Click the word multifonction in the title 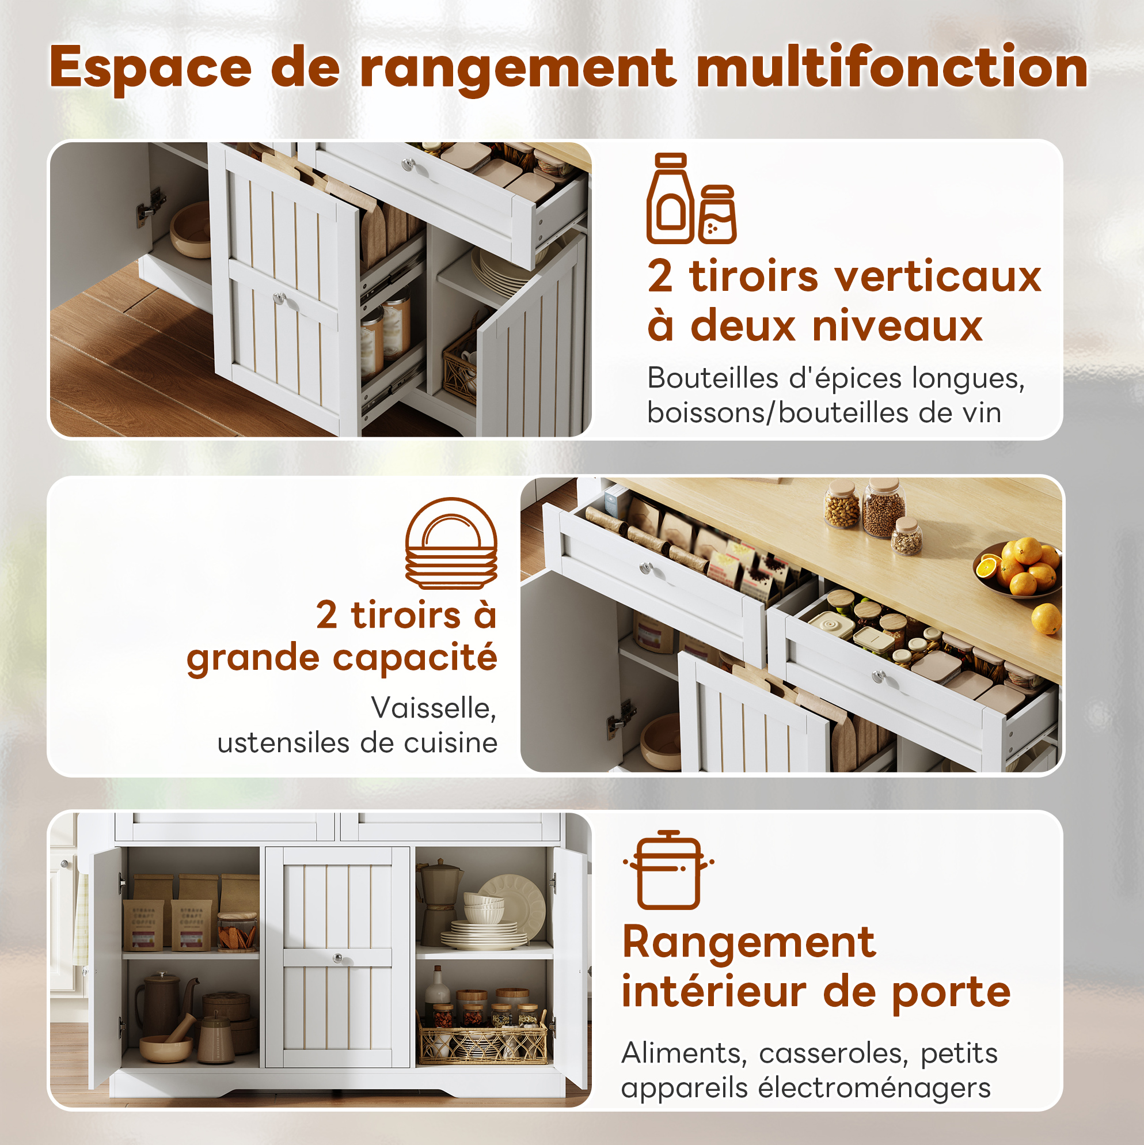(x=892, y=67)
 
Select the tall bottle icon (x=670, y=199)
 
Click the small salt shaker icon (x=717, y=214)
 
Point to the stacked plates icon (x=451, y=543)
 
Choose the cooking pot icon (x=668, y=870)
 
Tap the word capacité (x=415, y=659)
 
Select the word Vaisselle (x=434, y=709)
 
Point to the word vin (x=981, y=413)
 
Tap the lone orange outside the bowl (x=1046, y=619)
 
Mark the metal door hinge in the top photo (x=150, y=206)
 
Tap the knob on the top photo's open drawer (x=408, y=165)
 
